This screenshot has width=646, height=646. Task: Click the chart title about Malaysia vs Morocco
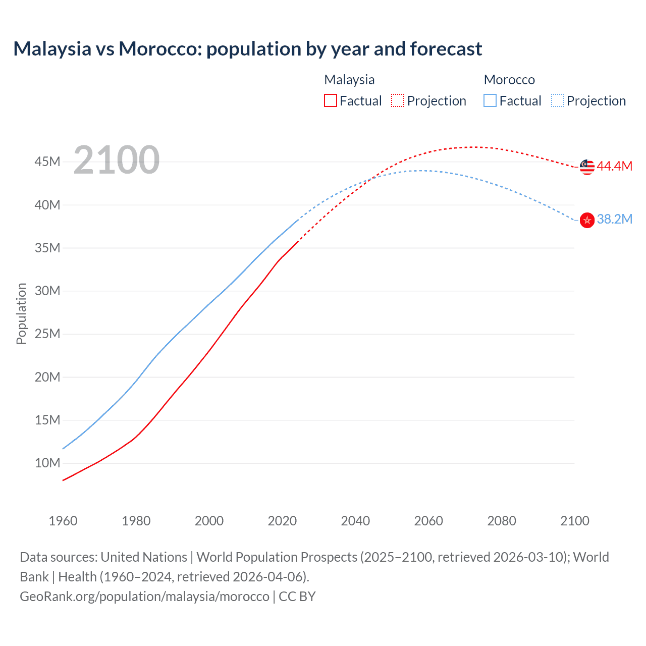point(247,49)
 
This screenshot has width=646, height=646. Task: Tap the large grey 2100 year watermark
point(117,160)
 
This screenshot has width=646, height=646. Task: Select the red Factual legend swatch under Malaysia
point(331,101)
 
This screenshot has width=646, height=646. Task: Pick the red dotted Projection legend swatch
point(398,101)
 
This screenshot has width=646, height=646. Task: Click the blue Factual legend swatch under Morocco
point(490,101)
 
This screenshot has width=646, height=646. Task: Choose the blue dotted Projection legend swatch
point(558,101)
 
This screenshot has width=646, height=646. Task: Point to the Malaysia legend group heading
point(349,80)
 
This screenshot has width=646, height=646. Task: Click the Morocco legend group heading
point(509,80)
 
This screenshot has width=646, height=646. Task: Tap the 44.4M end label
point(614,166)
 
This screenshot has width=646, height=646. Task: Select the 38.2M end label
point(614,219)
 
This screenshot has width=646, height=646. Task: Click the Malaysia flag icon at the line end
point(587,167)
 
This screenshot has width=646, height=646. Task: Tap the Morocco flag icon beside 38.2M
point(587,220)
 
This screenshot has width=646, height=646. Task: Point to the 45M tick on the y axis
point(47,161)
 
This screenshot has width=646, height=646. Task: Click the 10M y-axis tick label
point(47,463)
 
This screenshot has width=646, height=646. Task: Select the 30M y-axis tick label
point(47,291)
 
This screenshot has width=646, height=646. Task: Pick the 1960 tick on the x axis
point(63,521)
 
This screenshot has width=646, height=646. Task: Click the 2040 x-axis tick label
point(355,521)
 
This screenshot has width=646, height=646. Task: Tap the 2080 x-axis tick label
point(502,521)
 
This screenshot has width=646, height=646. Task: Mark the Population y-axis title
point(21,313)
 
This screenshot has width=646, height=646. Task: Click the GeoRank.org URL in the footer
point(144,597)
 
